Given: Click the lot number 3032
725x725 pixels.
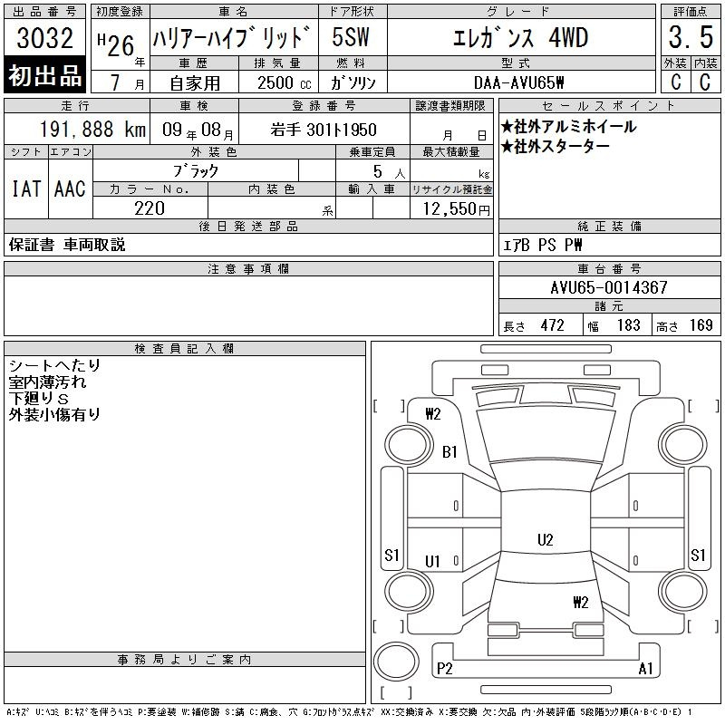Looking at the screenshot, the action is click(x=44, y=38).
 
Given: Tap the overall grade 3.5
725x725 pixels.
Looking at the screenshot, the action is click(x=691, y=37).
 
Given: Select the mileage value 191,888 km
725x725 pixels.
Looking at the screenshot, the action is click(x=92, y=130).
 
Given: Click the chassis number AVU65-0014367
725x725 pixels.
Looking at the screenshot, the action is click(x=609, y=287).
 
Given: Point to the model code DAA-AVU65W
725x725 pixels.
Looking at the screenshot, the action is click(x=518, y=82).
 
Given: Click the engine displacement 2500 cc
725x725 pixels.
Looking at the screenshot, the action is click(x=284, y=83).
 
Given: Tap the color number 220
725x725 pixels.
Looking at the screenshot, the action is click(x=150, y=208).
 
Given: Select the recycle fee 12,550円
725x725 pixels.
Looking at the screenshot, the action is click(x=456, y=209).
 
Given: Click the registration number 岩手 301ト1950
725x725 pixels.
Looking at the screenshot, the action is click(x=324, y=130).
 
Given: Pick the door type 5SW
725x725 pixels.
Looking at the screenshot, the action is click(x=351, y=37).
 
